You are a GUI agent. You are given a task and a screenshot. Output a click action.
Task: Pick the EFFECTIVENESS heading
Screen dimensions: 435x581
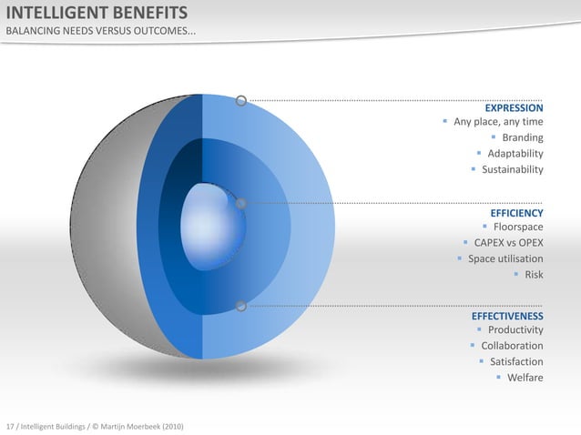(x=507, y=316)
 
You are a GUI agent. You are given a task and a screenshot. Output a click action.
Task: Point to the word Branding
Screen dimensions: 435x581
(x=523, y=138)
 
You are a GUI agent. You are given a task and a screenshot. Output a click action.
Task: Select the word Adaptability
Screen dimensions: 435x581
(x=515, y=154)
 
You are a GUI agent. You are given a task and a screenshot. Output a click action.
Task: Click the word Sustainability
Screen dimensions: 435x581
(x=512, y=169)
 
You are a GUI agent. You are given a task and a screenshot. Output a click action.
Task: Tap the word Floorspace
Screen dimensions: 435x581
(x=518, y=228)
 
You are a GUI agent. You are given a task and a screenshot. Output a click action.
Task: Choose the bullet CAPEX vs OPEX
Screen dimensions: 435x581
(x=507, y=243)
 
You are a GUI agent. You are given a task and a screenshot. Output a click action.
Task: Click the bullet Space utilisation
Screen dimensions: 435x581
(x=505, y=258)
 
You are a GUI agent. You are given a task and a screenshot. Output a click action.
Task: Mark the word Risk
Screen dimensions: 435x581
(x=533, y=274)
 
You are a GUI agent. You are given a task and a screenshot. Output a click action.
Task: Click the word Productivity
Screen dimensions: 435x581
(x=515, y=330)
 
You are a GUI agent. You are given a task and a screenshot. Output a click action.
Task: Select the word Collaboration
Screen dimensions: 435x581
(x=512, y=346)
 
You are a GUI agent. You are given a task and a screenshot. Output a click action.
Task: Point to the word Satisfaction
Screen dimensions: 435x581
(x=516, y=361)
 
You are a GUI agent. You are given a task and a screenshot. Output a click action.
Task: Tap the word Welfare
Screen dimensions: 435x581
(x=525, y=377)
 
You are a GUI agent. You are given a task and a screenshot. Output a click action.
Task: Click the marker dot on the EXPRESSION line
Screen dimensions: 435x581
(x=241, y=100)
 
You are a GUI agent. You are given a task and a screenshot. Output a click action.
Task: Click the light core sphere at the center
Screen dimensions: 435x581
(x=211, y=219)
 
